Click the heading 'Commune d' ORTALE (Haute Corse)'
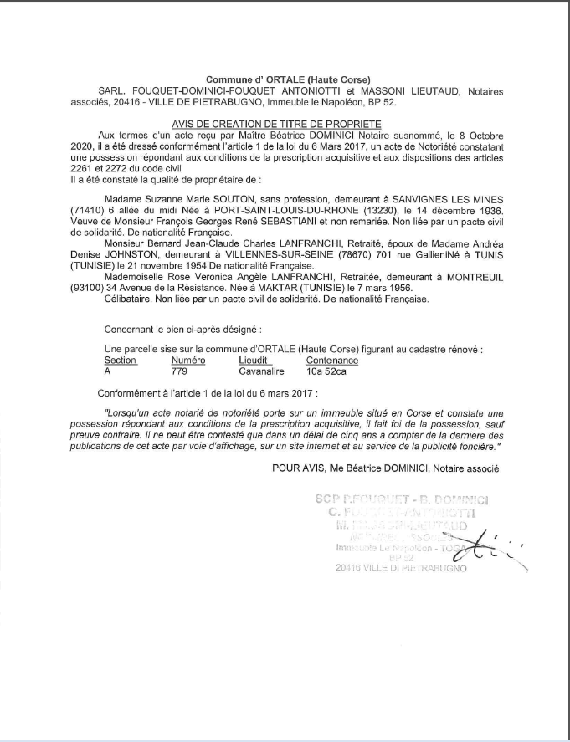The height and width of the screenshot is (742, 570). click(x=288, y=79)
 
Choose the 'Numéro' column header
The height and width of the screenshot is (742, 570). click(x=187, y=360)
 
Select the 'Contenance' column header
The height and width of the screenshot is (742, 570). click(x=332, y=360)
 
